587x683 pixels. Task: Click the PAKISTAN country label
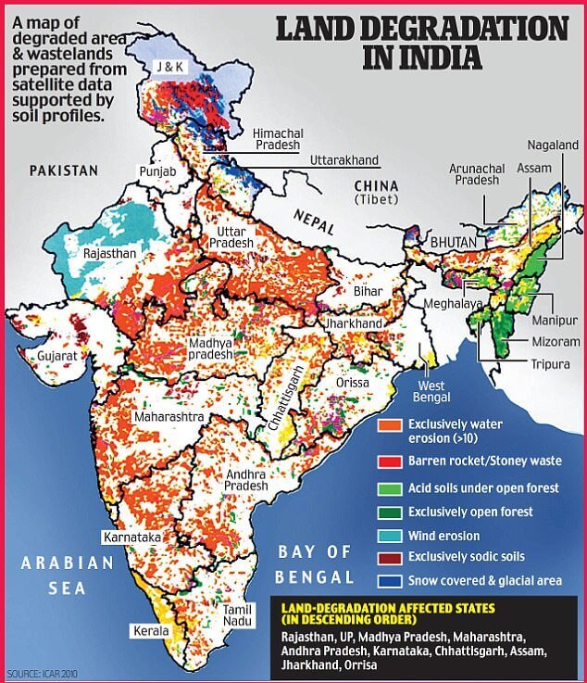tap(63, 171)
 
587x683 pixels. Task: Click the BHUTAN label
tap(453, 242)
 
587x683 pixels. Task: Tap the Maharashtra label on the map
tap(167, 417)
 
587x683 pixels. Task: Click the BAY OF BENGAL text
tap(316, 564)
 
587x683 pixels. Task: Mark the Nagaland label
tap(553, 145)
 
